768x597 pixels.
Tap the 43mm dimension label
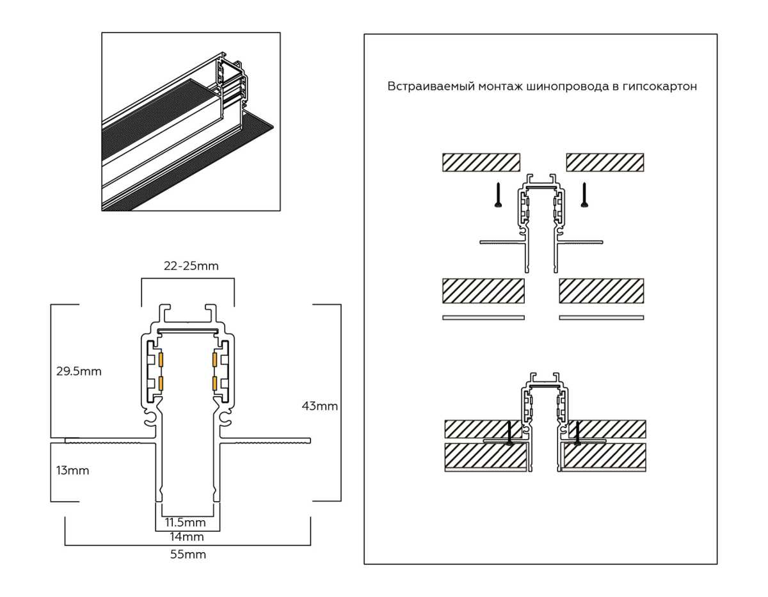319,406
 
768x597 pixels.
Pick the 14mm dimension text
188,536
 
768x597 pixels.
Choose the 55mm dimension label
188,554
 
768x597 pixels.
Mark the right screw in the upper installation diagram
584,195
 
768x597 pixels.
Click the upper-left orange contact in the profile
161,360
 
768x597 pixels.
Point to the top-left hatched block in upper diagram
481,163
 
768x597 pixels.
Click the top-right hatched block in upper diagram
605,163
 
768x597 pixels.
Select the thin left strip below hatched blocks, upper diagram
483,317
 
